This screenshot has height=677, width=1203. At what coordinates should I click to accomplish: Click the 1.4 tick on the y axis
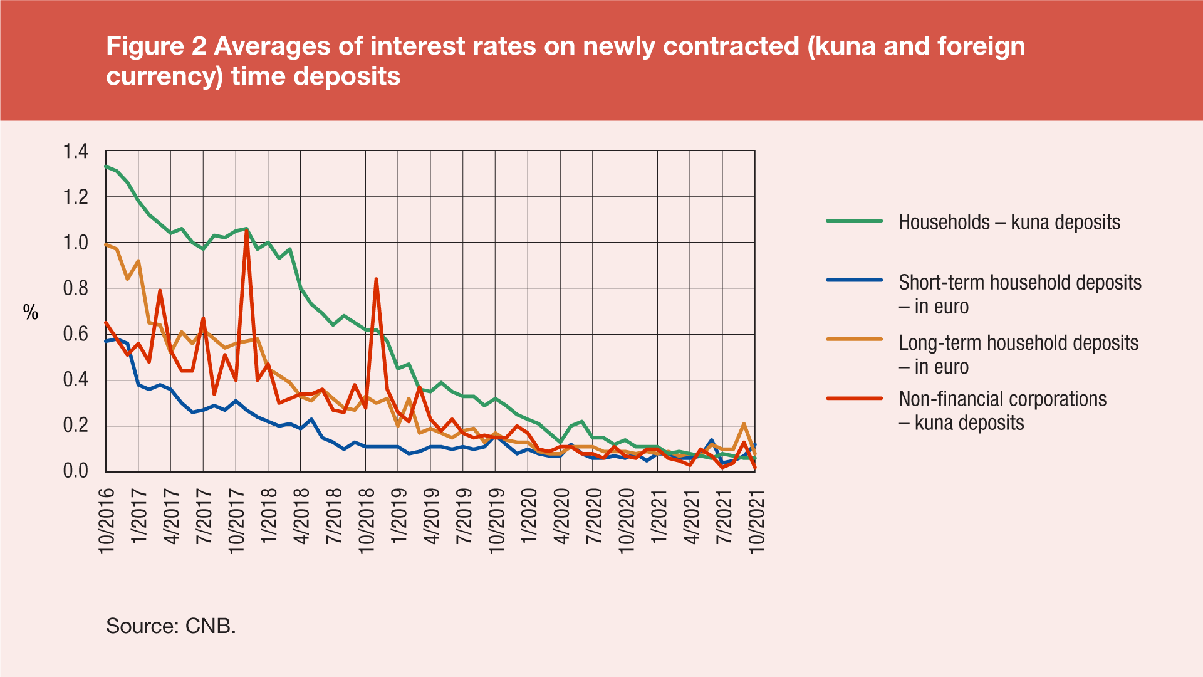[75, 152]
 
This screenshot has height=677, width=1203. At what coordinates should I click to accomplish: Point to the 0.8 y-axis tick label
[75, 288]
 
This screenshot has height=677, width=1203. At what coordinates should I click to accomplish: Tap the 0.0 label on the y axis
[75, 471]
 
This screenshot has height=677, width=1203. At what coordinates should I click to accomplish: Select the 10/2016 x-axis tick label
[107, 520]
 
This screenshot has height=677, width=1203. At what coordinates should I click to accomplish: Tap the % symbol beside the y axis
[31, 312]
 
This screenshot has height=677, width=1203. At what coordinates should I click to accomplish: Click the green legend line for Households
[854, 221]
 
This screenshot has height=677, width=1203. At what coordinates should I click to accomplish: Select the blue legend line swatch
[854, 280]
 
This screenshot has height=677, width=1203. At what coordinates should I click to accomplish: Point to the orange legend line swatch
[854, 340]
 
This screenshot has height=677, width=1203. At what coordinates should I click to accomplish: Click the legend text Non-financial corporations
[1002, 399]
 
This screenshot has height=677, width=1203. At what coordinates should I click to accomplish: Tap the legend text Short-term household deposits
[1019, 283]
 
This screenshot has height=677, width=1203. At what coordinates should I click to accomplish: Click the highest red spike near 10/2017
[247, 231]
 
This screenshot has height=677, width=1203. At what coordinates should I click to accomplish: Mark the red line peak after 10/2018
[376, 279]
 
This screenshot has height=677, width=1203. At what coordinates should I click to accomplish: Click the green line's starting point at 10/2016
[107, 167]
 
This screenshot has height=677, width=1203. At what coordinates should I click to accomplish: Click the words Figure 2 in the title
[156, 46]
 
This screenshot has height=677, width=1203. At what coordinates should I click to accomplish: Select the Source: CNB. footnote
[171, 626]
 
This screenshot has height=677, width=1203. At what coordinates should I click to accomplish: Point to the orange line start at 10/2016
[107, 244]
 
